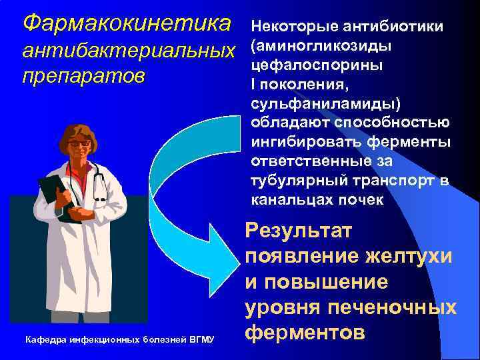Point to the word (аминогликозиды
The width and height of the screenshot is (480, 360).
coord(321,46)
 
